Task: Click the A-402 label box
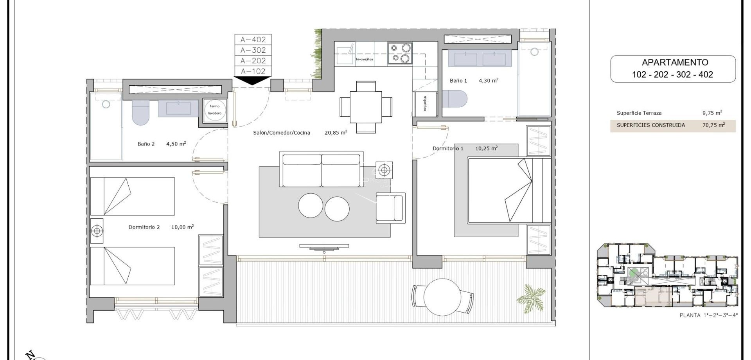(253, 40)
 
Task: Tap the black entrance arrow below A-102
(252, 81)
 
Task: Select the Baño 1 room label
(458, 81)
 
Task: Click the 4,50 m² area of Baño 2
(176, 144)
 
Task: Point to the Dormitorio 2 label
(144, 227)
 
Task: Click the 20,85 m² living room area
(336, 133)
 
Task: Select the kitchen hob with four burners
(400, 53)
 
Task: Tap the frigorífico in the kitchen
(425, 104)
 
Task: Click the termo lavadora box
(215, 110)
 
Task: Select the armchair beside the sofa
(390, 208)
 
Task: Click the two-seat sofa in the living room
(321, 169)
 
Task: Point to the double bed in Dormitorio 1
(508, 190)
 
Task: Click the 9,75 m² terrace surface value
(712, 113)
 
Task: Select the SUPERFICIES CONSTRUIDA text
(650, 125)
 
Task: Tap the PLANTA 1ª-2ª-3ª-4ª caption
(708, 315)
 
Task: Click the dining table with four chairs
(366, 107)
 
